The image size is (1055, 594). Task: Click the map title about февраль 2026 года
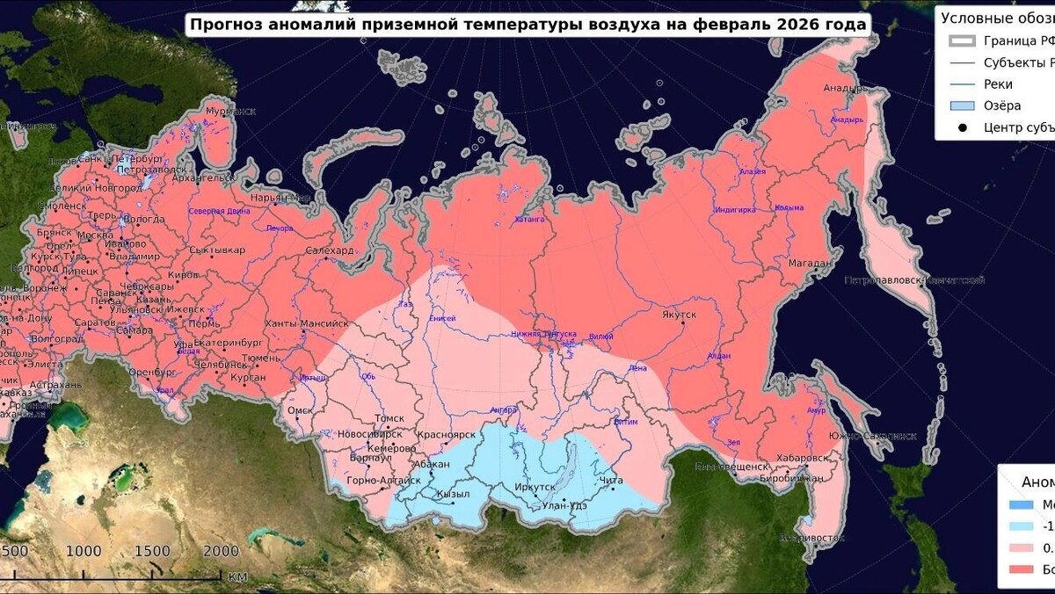point(527,24)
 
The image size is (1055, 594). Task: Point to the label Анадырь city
point(845,88)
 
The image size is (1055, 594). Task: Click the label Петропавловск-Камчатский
point(913,280)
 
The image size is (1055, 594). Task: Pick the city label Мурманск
point(230,112)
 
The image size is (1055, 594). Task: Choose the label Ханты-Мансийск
point(306,323)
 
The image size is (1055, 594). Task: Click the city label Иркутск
point(534,486)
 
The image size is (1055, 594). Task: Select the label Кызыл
point(453,494)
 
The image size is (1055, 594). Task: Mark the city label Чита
point(610,481)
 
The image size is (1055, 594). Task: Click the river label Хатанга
point(529,219)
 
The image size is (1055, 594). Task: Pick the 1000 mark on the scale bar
point(84,551)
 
